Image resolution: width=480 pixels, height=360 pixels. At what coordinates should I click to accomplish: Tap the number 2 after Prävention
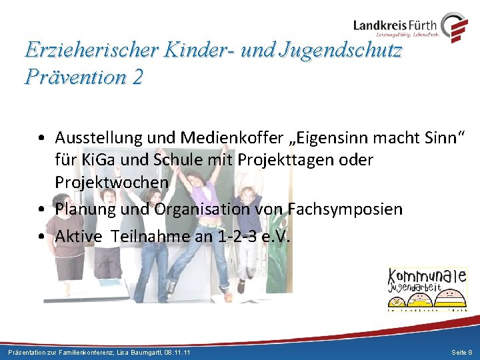[x=137, y=77]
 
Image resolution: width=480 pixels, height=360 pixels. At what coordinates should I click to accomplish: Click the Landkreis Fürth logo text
[x=395, y=25]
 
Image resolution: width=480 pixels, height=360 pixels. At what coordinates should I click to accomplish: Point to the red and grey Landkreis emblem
[x=455, y=27]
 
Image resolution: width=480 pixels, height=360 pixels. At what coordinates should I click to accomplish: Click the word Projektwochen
[x=111, y=182]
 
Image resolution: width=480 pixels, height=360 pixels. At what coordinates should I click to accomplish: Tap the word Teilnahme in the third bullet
[x=149, y=236]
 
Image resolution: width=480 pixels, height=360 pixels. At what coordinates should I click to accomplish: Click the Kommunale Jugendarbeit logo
[x=427, y=289]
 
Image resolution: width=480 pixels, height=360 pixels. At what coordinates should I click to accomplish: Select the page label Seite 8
[x=461, y=351]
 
